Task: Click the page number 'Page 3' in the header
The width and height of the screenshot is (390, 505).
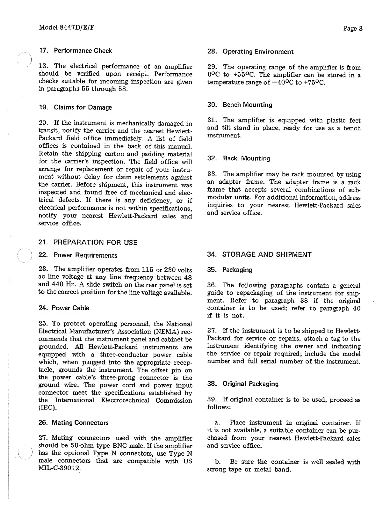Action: [353, 28]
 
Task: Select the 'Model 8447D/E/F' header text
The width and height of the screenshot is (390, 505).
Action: [66, 28]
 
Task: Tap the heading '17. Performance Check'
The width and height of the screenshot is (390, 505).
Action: [75, 51]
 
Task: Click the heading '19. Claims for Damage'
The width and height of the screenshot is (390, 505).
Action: [75, 107]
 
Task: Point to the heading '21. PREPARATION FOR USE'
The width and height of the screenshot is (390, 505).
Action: [88, 243]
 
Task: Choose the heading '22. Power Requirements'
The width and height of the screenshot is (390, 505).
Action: [78, 255]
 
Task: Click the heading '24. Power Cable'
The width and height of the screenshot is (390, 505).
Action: [64, 308]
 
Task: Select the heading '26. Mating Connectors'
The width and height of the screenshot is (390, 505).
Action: [73, 423]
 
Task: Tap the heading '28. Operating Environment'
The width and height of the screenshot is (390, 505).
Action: [250, 52]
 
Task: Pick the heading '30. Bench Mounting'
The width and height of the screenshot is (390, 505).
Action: [240, 105]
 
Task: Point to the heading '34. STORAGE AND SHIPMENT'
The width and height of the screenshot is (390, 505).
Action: [259, 254]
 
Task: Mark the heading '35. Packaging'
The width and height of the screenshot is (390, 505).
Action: [229, 270]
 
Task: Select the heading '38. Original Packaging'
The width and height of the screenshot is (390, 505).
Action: [243, 384]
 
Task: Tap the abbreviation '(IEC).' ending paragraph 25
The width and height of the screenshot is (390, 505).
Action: [47, 408]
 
